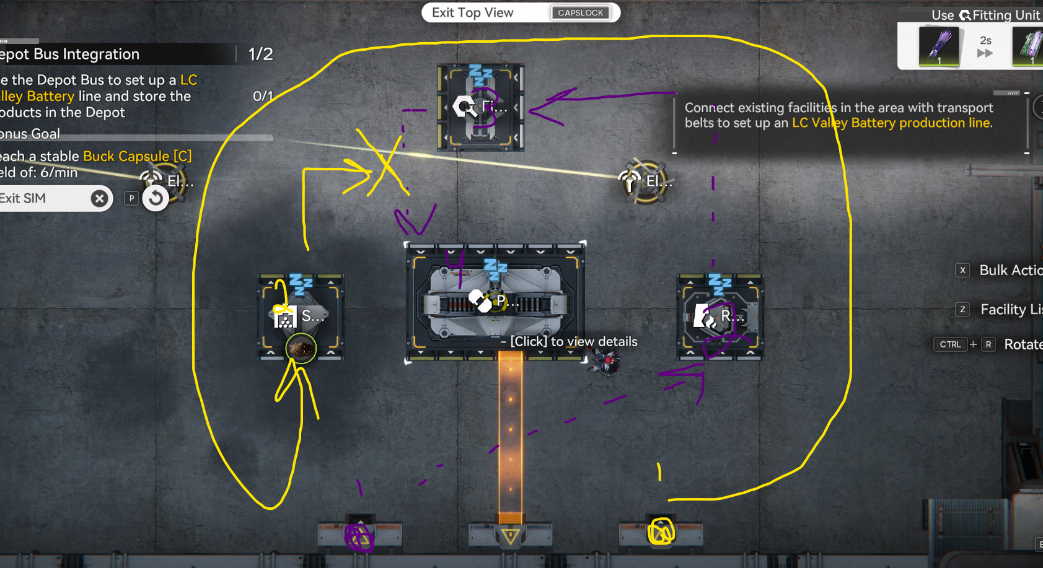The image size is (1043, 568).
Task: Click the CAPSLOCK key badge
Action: pos(580,12)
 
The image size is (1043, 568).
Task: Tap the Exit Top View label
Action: pos(472,12)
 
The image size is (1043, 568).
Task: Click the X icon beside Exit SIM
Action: pos(99,198)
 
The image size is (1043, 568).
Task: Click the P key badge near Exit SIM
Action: pos(131,198)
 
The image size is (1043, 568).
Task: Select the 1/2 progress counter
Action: pos(260,55)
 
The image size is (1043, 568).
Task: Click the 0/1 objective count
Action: pos(263,96)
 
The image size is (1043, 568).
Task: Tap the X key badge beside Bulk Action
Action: pos(962,270)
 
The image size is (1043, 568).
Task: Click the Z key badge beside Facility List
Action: pos(962,309)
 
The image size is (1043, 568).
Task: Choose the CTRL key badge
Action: pos(950,344)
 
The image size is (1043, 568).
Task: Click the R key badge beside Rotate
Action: pos(988,344)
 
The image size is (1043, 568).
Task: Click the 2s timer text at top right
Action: pos(985,41)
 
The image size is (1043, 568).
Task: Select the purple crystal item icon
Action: pos(939,46)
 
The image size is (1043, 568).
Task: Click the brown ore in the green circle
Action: pos(301,349)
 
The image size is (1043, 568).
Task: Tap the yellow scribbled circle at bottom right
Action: pos(661,531)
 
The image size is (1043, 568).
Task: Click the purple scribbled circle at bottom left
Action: pos(359,536)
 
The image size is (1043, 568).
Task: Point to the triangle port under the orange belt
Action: pos(511,536)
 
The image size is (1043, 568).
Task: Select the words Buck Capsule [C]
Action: pos(137,156)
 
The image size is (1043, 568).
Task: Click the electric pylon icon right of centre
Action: pos(630,181)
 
